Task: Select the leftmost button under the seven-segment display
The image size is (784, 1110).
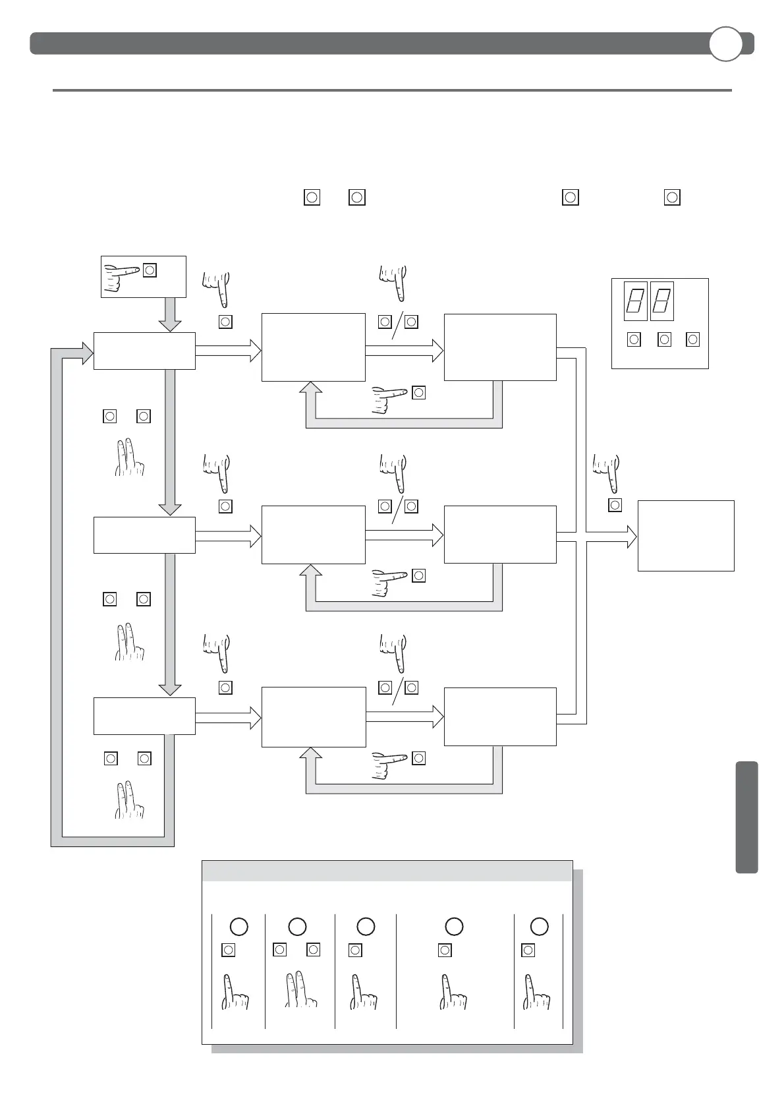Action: [634, 339]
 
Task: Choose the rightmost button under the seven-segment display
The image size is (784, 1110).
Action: [692, 339]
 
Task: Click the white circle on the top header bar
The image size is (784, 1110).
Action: [725, 44]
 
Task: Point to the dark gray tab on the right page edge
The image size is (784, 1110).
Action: [746, 817]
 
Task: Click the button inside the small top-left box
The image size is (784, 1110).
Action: [150, 270]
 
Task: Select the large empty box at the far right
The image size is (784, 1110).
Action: [685, 535]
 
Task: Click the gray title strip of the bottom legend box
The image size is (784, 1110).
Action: [387, 871]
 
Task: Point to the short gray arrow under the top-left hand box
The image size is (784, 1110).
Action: [170, 314]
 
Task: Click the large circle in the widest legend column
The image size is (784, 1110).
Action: [454, 927]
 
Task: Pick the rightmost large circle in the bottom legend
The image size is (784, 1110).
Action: [539, 927]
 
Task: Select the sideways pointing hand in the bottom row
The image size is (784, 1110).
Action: [388, 765]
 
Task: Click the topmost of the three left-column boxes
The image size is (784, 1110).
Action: [144, 351]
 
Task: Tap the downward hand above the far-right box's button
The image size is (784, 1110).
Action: [607, 471]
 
